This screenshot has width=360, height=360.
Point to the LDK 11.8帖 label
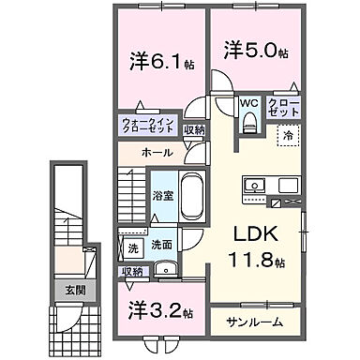pos(255,247)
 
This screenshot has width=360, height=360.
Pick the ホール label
pos(157,150)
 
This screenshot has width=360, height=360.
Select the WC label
pos(248,104)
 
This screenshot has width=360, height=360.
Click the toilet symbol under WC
pos(248,122)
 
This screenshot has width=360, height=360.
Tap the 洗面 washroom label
pos(161,245)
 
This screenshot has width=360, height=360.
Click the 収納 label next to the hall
pos(194,131)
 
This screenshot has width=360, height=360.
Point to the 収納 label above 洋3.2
pos(132,272)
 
